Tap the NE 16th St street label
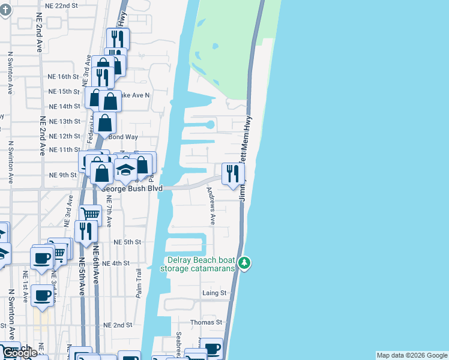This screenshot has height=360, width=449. [x=63, y=77]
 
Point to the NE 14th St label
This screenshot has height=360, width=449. [x=64, y=106]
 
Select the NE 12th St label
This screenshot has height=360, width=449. [x=64, y=137]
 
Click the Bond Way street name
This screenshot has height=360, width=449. [x=123, y=137]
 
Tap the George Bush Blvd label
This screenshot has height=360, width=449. [x=132, y=188]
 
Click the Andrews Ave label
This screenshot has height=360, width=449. [x=211, y=206]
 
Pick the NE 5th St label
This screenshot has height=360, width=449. [x=127, y=242]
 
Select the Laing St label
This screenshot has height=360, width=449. [x=214, y=293]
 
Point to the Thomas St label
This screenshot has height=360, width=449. [x=206, y=322]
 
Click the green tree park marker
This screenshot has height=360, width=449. [x=244, y=263]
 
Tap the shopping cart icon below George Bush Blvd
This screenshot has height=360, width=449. [x=90, y=214]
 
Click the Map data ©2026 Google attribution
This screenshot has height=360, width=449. [x=411, y=355]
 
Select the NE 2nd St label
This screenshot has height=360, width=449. [x=118, y=325]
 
